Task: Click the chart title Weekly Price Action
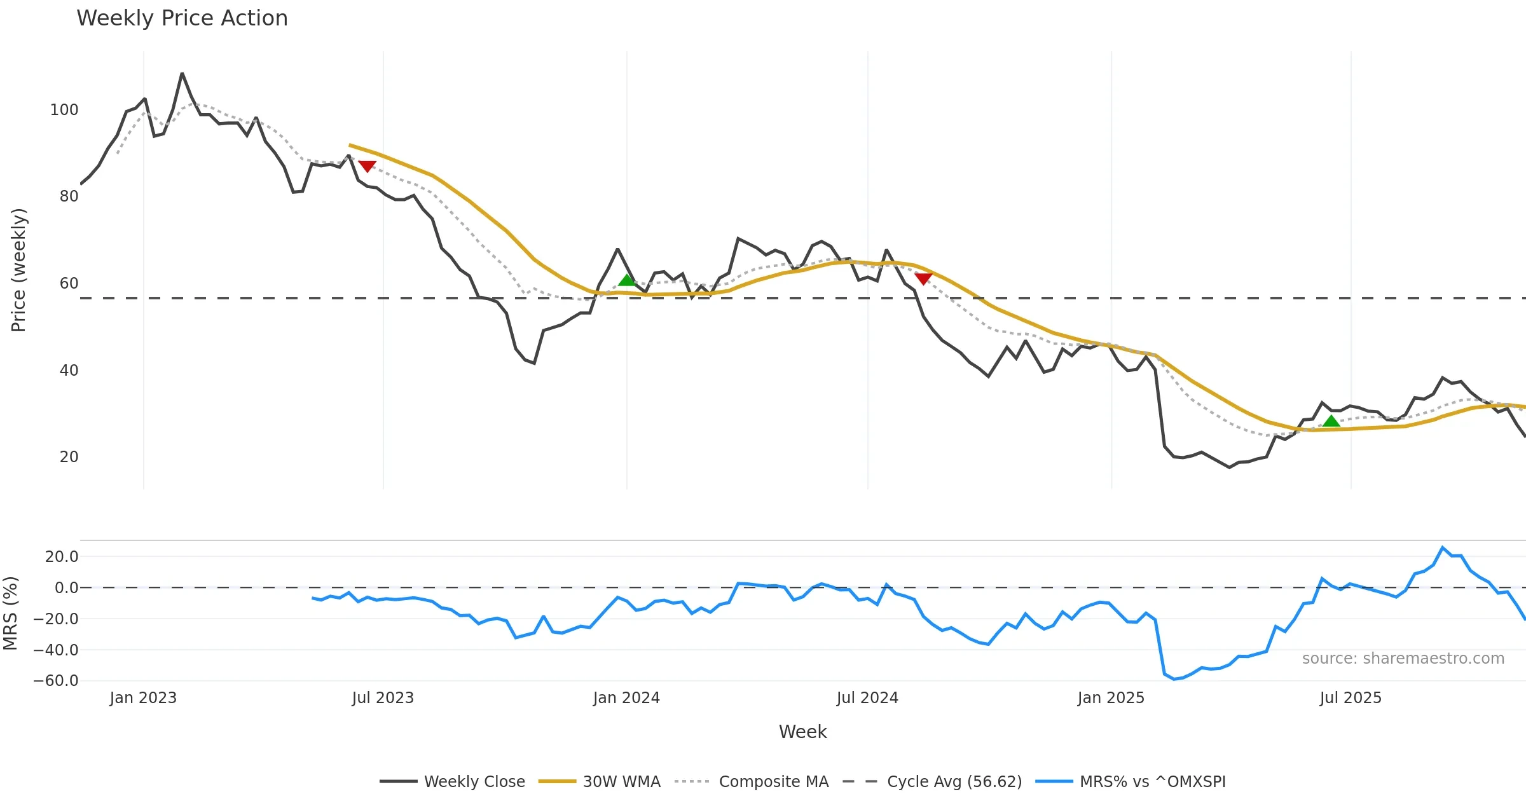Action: [182, 18]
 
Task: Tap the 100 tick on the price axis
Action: [64, 110]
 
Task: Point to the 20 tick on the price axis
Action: [69, 457]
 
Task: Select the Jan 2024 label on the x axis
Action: [626, 698]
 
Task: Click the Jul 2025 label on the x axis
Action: [1351, 698]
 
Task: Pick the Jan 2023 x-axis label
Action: [143, 698]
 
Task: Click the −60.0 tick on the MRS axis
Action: [56, 681]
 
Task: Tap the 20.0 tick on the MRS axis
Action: [62, 557]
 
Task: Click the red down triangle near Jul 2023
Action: [367, 167]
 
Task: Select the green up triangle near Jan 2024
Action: [627, 280]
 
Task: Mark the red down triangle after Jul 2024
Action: [923, 278]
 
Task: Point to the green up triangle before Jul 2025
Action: [1331, 421]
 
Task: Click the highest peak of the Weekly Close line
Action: [182, 74]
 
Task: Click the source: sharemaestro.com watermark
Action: [1403, 659]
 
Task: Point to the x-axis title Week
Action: [802, 732]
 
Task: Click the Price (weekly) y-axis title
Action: [18, 270]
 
